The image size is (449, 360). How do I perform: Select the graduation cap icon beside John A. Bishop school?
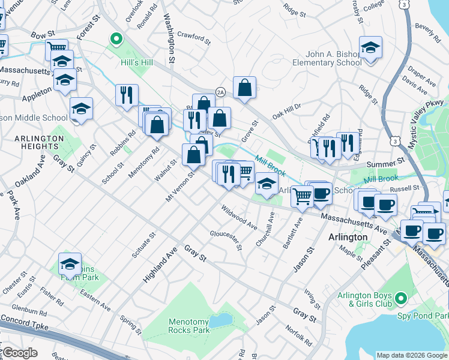click(x=370, y=48)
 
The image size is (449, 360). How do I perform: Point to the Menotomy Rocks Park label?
click(x=188, y=326)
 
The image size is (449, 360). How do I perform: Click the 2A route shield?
click(x=220, y=92)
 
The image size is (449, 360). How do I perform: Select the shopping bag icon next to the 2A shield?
click(x=244, y=88)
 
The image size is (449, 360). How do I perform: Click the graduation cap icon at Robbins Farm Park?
click(x=70, y=264)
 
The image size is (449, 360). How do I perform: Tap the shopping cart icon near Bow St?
click(x=57, y=47)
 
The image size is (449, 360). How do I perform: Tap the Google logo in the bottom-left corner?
click(x=19, y=352)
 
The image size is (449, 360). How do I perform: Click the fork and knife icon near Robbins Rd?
click(x=127, y=95)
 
